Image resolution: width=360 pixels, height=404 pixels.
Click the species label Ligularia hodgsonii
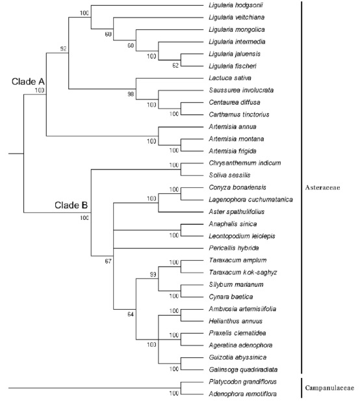(x=236, y=5)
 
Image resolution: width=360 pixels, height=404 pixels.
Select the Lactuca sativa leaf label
(x=230, y=78)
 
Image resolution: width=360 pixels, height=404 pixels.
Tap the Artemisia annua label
(x=233, y=127)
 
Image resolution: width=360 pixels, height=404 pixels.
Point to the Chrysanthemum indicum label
(x=245, y=163)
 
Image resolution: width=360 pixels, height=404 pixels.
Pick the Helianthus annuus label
(x=235, y=321)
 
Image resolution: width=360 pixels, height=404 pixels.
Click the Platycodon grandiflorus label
(x=242, y=382)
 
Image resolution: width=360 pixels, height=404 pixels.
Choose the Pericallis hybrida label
(x=234, y=248)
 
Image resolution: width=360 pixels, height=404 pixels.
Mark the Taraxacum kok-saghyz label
(x=243, y=273)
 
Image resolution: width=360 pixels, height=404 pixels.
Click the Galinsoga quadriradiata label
(x=243, y=370)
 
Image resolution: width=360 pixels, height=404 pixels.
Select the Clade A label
(x=28, y=82)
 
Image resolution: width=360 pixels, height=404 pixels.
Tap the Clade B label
(x=71, y=205)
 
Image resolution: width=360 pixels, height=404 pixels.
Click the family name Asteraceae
(x=322, y=187)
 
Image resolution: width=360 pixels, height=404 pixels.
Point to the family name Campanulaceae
(x=329, y=388)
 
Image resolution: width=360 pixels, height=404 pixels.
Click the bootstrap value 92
(x=63, y=49)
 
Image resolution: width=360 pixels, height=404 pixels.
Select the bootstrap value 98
(x=131, y=94)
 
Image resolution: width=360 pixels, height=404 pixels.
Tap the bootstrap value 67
(x=108, y=262)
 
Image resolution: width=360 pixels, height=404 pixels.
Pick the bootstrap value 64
(x=131, y=314)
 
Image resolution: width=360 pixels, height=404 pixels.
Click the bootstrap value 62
(x=175, y=66)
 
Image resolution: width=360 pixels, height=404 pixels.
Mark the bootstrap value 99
(x=153, y=275)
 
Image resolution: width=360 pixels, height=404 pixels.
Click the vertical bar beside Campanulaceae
(x=302, y=388)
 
